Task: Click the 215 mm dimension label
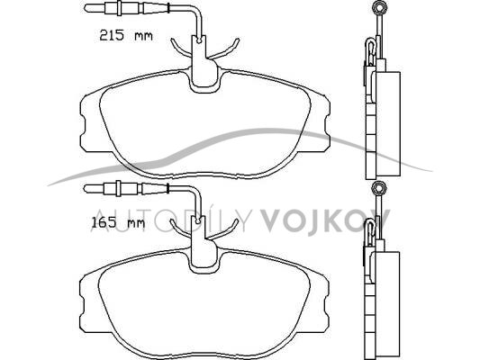click(126, 35)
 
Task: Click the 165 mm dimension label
click(118, 222)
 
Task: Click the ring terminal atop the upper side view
click(379, 6)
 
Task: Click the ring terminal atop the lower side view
click(379, 187)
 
